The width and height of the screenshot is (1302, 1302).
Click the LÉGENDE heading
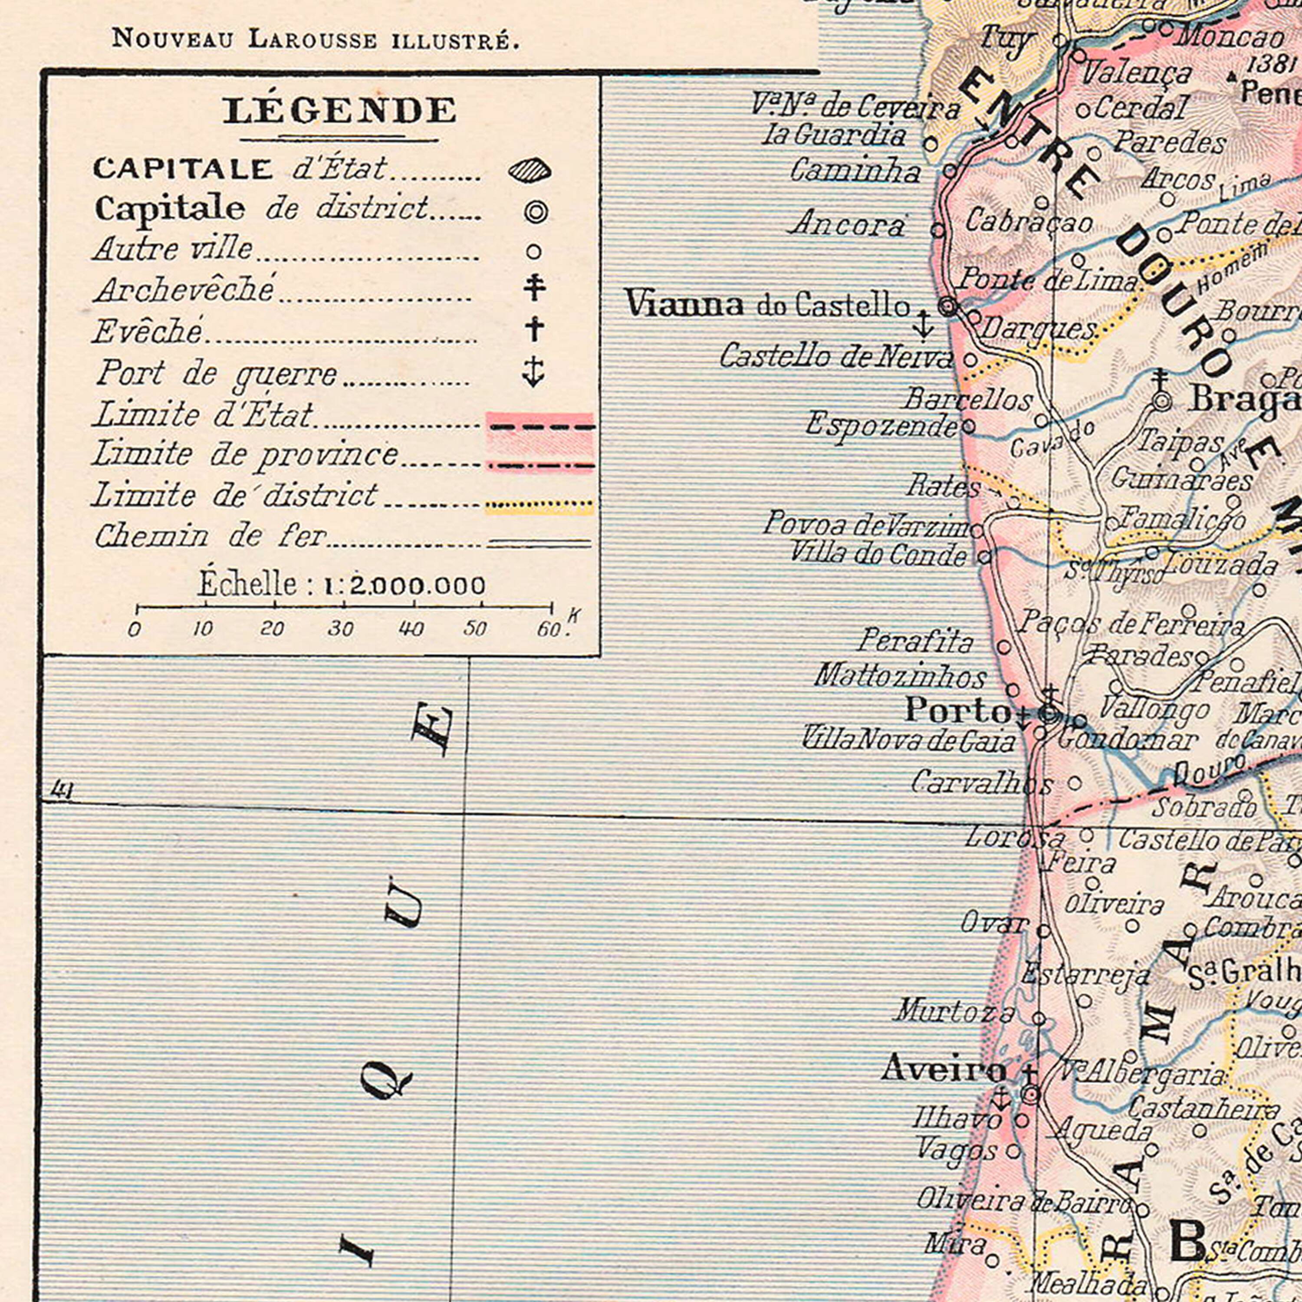point(340,111)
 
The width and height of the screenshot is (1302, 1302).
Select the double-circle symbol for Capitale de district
point(536,212)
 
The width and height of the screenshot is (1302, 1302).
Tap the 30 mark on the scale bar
point(340,628)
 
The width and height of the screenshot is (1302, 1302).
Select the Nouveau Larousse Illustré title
point(316,39)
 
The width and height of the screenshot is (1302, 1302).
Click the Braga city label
point(1243,399)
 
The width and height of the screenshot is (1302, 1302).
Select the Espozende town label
point(881,424)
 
